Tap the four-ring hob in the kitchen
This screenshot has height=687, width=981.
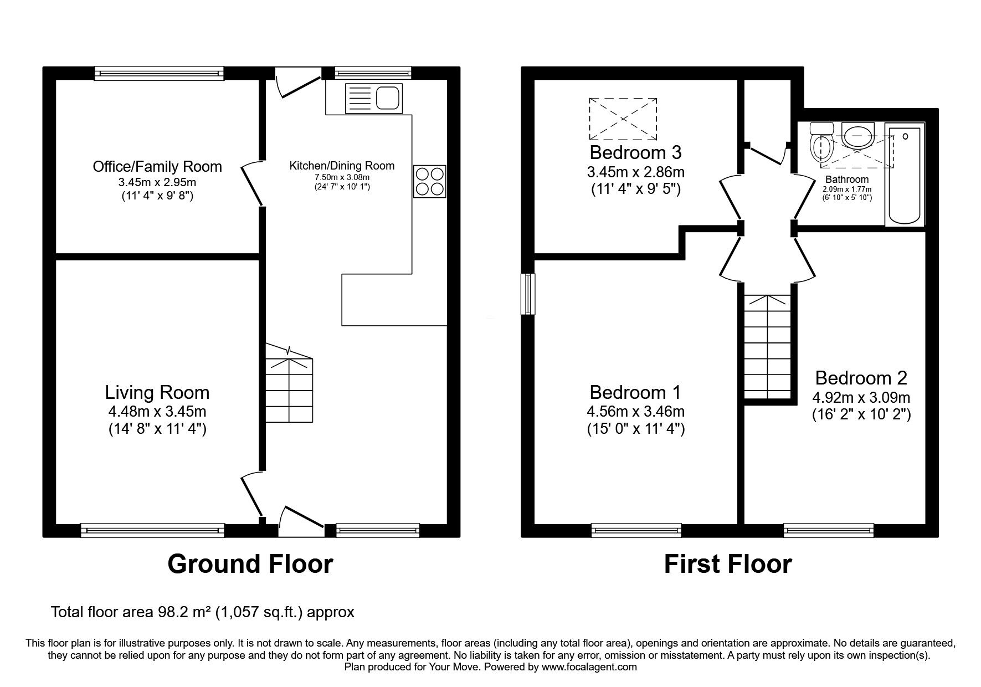tap(429, 181)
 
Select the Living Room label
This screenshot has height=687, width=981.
tap(157, 392)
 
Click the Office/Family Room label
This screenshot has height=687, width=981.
tap(157, 166)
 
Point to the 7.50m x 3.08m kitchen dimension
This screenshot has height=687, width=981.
tap(342, 177)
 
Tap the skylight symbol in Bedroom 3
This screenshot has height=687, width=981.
tap(623, 119)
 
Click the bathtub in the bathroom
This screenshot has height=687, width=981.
tap(905, 174)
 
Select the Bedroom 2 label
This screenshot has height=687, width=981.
tap(861, 378)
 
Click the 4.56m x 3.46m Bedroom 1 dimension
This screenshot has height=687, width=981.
tap(635, 412)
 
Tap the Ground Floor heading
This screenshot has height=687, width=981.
tap(250, 564)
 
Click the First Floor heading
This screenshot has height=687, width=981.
tap(727, 564)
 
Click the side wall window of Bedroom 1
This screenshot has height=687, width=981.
tap(530, 294)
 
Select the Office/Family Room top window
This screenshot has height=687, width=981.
tap(159, 73)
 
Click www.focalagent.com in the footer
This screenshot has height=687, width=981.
tap(589, 667)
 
